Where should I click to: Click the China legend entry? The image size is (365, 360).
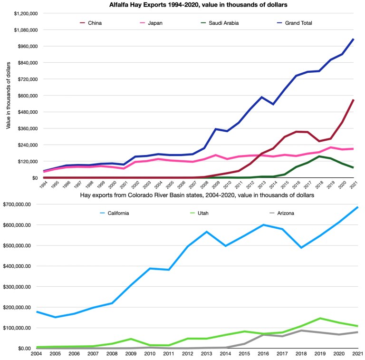(x=95, y=22)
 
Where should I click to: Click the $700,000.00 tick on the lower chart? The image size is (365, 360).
(x=17, y=204)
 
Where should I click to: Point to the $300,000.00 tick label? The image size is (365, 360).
(x=17, y=287)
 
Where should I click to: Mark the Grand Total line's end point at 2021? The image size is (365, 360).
(x=353, y=39)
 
